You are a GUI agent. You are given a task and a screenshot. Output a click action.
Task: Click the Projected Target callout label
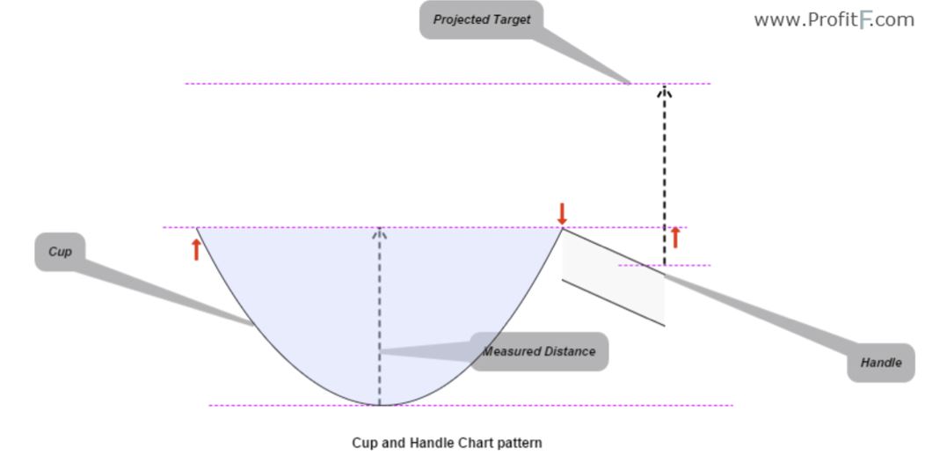click(x=481, y=19)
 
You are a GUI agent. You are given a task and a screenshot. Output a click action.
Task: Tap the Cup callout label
click(x=60, y=252)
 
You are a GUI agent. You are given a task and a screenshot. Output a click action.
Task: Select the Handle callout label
click(x=881, y=363)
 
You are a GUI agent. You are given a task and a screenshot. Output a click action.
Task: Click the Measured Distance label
click(x=539, y=351)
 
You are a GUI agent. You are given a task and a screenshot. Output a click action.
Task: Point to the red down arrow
click(x=562, y=213)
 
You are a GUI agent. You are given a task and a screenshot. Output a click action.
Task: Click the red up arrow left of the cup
click(x=196, y=249)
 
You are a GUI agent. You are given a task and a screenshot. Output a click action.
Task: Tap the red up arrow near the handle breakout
click(x=675, y=237)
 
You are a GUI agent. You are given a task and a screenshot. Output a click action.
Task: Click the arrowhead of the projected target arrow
click(x=665, y=90)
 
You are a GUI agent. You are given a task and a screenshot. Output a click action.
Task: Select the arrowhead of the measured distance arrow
click(x=380, y=233)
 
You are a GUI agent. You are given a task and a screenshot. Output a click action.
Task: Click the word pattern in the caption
click(x=520, y=443)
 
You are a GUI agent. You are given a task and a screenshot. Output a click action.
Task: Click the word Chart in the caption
click(x=476, y=443)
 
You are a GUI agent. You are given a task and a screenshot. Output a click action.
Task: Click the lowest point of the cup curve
click(x=380, y=405)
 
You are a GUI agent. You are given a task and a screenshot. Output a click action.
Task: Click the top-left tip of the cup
click(x=197, y=228)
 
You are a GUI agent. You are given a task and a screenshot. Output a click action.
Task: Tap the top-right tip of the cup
click(x=562, y=229)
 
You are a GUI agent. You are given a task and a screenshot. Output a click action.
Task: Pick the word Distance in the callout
click(x=568, y=351)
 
